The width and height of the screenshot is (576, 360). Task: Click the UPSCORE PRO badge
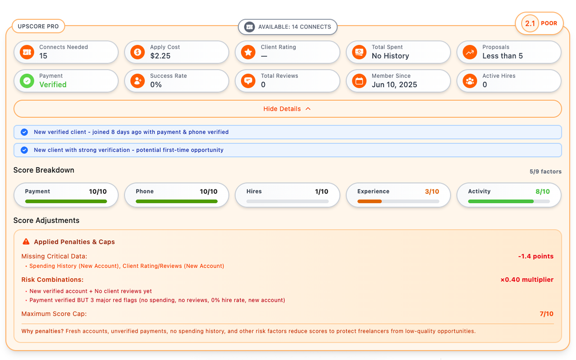coord(38,27)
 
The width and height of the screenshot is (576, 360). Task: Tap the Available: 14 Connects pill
coord(288,27)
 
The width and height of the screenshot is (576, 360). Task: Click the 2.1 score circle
coord(530,23)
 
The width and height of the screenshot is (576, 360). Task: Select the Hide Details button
coord(288,109)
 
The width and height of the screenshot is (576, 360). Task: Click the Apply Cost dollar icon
coord(137,52)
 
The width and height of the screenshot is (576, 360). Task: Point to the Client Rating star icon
coord(248,52)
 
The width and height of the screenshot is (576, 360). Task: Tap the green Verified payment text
coord(53,85)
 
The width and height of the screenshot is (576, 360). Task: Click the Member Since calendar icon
coord(359,81)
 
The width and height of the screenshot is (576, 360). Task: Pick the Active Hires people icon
coord(470,81)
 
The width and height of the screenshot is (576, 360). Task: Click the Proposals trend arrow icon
coord(470,52)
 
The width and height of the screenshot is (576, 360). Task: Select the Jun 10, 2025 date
coord(394,85)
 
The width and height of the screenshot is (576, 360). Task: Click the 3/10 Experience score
coord(432,192)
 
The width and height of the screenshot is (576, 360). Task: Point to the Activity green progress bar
coord(501,202)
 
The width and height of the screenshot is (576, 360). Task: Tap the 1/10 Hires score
coord(321,192)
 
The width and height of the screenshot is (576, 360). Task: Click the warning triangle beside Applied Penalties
coord(26,242)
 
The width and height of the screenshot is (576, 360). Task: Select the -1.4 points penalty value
coord(535,256)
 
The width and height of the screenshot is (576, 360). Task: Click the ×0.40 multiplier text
coord(527,280)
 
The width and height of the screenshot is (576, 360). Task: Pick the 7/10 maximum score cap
coord(546,314)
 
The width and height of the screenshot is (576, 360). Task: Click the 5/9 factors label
coord(545,171)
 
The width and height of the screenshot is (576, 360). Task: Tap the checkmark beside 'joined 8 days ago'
coord(24,132)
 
